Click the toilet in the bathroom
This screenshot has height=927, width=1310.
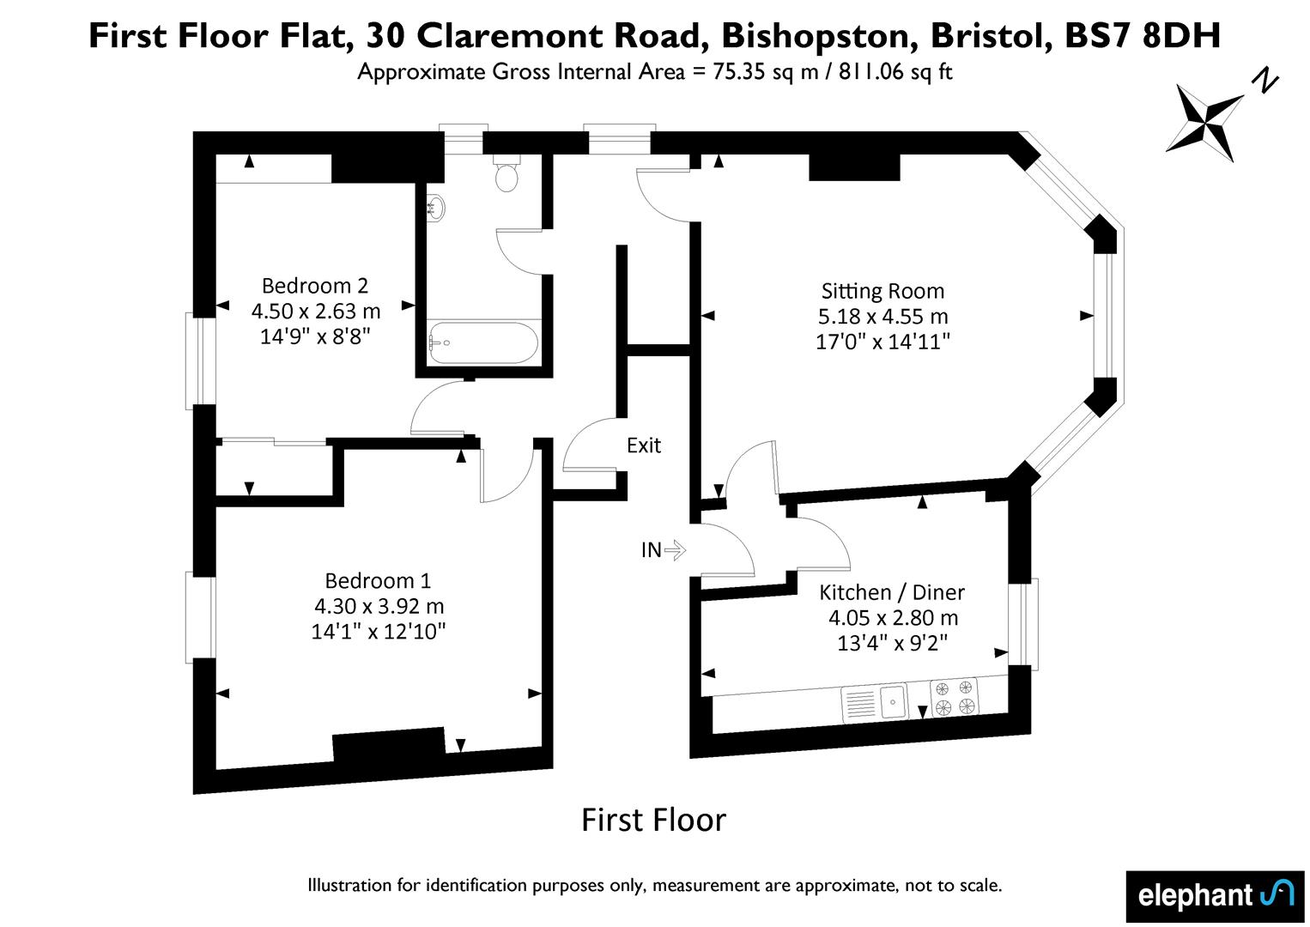pos(506,173)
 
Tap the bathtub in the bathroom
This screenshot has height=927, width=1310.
pos(483,342)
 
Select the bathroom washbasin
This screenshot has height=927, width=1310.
pos(436,208)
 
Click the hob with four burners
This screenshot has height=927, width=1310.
pos(953,698)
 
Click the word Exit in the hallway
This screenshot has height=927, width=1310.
pos(643,445)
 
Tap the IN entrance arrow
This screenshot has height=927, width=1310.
pos(675,550)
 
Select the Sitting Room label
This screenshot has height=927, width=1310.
pos(882,291)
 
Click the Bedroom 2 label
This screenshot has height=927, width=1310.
pos(315,286)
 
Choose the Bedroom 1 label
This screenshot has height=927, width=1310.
pos(378,580)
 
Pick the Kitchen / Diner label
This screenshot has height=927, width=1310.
pos(892,592)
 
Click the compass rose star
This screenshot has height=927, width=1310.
pos(1204,122)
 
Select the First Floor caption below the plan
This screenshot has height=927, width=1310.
pos(653,820)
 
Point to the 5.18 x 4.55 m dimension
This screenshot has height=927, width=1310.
pos(882,316)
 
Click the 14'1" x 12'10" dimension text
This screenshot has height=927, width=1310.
pos(378,631)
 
